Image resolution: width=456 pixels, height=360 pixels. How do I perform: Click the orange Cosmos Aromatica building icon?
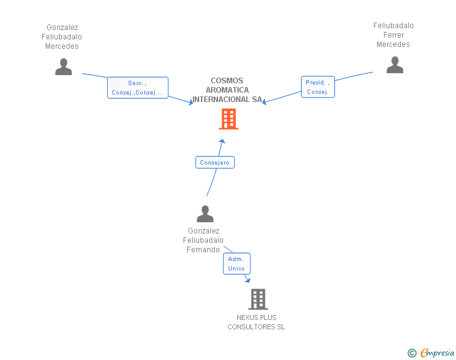228,119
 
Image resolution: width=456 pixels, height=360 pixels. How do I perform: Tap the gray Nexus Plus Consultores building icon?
257,299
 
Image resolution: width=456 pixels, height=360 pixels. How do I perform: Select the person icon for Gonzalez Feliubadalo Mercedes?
63,66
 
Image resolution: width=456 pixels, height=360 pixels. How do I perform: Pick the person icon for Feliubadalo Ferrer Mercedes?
395,65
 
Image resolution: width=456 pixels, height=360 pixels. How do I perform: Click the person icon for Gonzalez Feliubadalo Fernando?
205,214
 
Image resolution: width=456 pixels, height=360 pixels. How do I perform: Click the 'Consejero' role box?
215,163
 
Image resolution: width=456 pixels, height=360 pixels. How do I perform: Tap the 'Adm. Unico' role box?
237,264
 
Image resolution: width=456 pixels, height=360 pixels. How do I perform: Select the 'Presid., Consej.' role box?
318,87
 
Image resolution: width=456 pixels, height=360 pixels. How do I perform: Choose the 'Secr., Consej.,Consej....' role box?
137,88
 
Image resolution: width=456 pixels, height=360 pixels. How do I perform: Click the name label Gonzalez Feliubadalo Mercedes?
62,37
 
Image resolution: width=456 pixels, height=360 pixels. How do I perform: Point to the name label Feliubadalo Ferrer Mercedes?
393,35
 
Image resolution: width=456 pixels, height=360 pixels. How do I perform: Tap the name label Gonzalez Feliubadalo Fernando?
204,240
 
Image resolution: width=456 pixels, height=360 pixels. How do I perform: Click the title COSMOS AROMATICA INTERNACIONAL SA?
227,90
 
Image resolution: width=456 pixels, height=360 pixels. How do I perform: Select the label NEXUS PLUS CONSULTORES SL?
256,322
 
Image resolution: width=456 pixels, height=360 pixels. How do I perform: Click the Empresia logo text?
437,353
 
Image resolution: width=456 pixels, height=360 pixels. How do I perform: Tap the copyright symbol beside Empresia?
412,353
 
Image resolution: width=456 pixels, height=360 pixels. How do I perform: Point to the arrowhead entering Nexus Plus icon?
247,280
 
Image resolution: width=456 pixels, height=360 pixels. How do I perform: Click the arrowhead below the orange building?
222,141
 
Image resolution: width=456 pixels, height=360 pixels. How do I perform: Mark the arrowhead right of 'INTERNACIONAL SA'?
266,102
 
